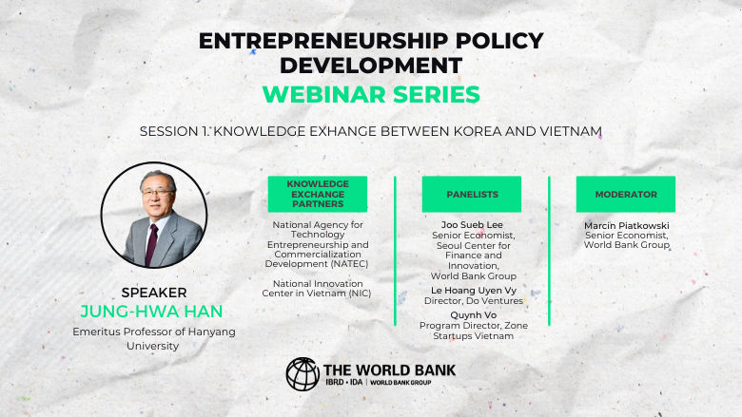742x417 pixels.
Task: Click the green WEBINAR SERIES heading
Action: (370, 95)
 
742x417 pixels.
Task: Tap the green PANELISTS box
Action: (472, 194)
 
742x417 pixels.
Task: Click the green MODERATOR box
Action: (626, 194)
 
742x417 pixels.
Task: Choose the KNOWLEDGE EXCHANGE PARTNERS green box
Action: (318, 194)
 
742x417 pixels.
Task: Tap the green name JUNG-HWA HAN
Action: (154, 312)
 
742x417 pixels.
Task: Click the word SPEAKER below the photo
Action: (154, 293)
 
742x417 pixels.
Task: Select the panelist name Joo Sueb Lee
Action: (471, 224)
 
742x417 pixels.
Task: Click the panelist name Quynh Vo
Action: (472, 314)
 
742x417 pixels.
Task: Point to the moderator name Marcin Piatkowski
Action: (626, 224)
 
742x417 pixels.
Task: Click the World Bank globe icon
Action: (303, 374)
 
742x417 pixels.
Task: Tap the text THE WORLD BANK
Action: (389, 369)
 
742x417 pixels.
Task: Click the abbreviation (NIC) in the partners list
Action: (357, 293)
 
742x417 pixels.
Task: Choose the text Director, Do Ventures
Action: (472, 300)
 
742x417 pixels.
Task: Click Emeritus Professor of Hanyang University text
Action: (154, 338)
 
